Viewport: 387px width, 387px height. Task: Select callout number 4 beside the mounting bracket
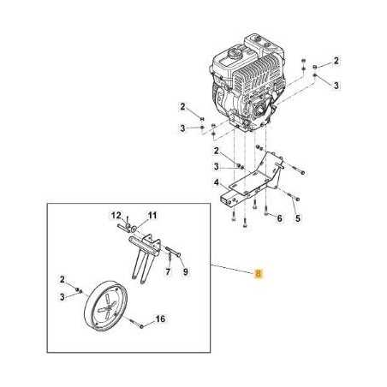(217, 182)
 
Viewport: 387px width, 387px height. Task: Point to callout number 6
(279, 218)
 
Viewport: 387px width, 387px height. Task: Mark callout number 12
(113, 214)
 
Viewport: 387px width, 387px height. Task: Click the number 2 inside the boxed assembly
(63, 279)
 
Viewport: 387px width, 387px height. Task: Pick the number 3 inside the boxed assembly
(63, 296)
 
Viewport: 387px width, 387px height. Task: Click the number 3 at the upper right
(336, 86)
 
